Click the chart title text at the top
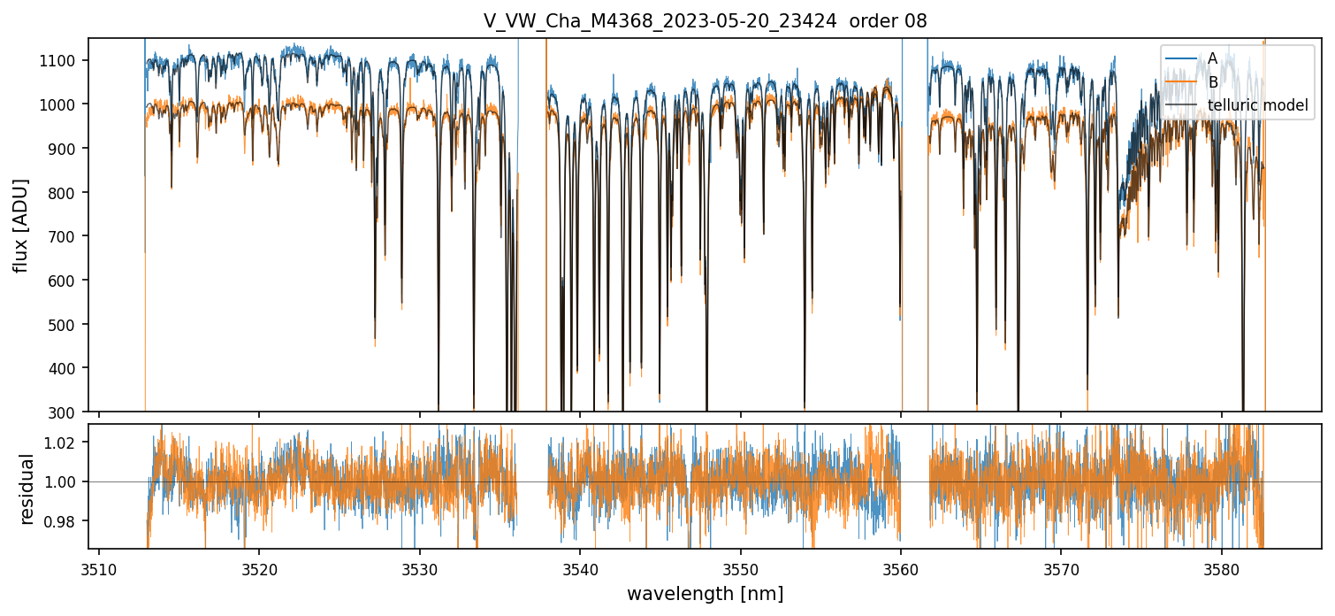pyautogui.click(x=705, y=21)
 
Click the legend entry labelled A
pyautogui.click(x=1212, y=58)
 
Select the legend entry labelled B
pyautogui.click(x=1212, y=82)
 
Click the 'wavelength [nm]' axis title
pyautogui.click(x=705, y=594)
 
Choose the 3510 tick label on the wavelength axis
pyautogui.click(x=98, y=566)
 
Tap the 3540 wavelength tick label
pyautogui.click(x=579, y=566)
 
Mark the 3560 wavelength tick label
pyautogui.click(x=900, y=566)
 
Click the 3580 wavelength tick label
pyautogui.click(x=1221, y=566)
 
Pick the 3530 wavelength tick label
pyautogui.click(x=419, y=566)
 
